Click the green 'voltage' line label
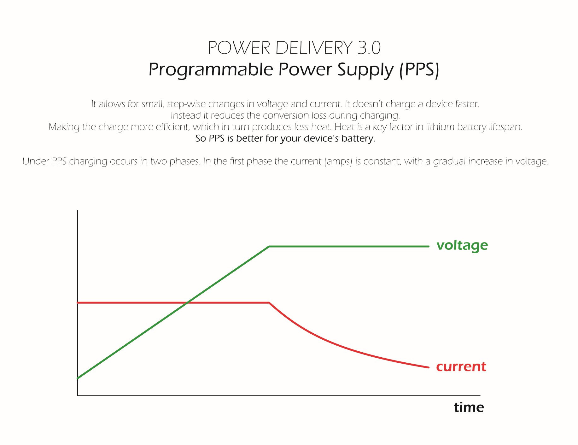(462, 245)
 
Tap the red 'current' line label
(461, 366)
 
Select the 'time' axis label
(469, 407)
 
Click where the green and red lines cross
(187, 303)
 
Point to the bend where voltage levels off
(269, 246)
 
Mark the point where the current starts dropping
(269, 303)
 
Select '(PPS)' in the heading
(419, 70)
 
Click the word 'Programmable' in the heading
(211, 70)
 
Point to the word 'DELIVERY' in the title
(314, 48)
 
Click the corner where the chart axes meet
(78, 395)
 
